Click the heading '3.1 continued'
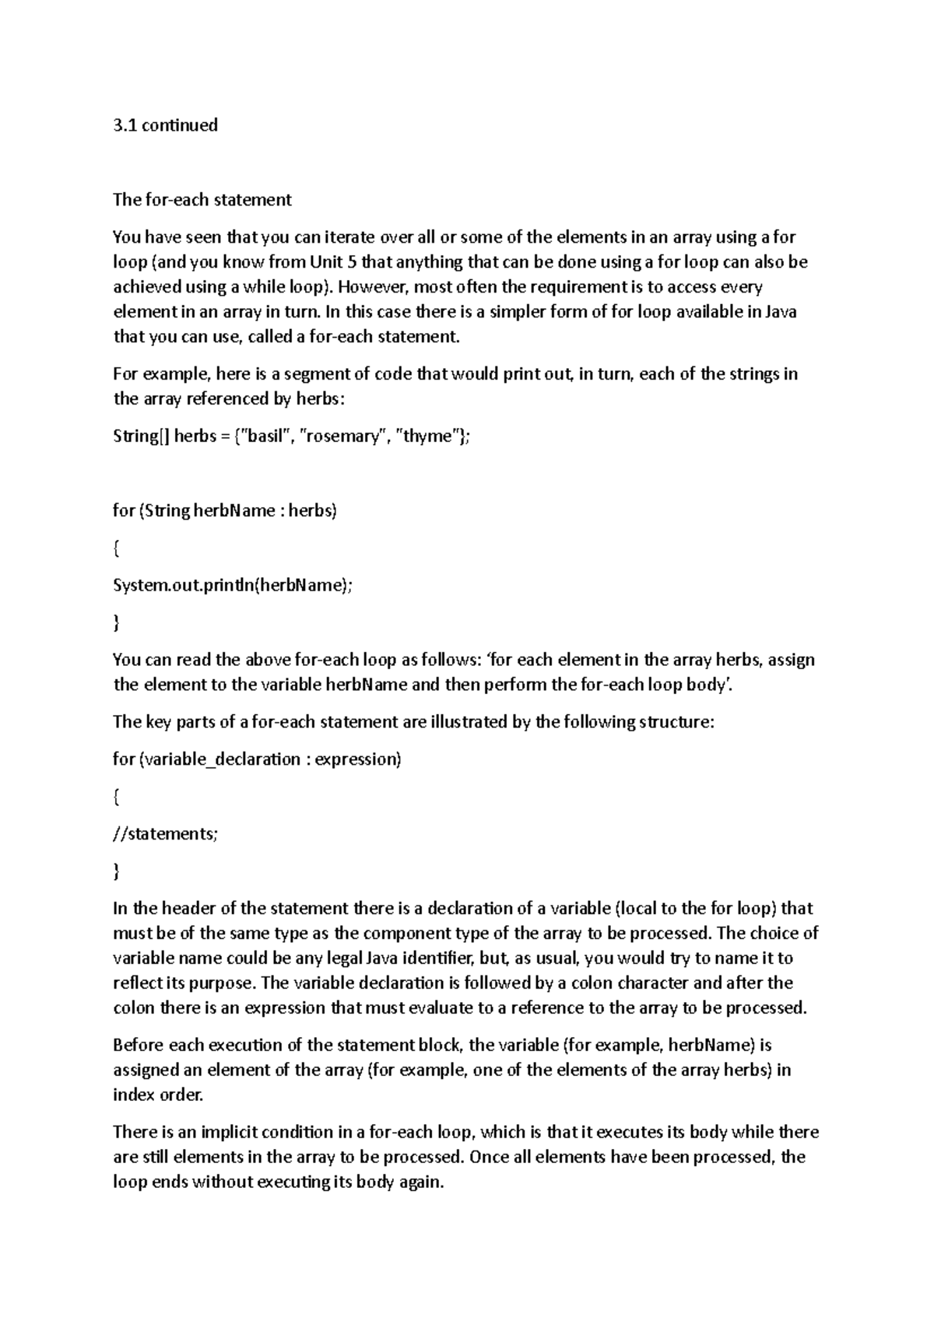[x=165, y=125]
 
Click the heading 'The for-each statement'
[x=202, y=200]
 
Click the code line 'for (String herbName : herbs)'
[x=225, y=511]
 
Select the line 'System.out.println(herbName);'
[x=233, y=586]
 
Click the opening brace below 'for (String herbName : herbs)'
[x=116, y=548]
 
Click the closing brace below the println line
[x=116, y=623]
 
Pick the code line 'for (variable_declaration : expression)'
[x=257, y=759]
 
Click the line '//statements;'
[x=166, y=834]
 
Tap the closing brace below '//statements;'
[x=116, y=871]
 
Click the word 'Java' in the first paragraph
[x=781, y=312]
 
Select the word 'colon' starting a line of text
[x=134, y=1008]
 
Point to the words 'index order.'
[x=158, y=1095]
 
